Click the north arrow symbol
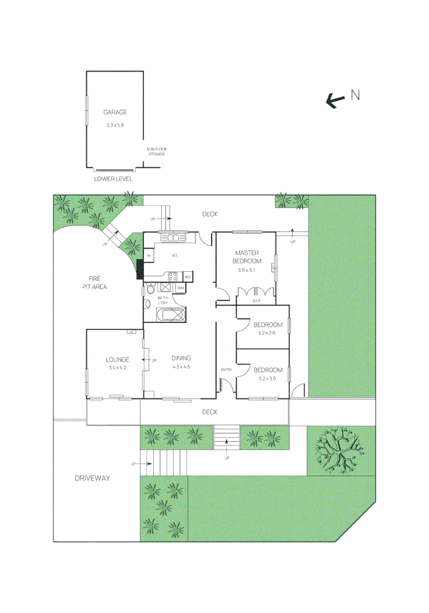click(336, 100)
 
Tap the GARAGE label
click(115, 112)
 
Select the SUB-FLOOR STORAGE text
click(156, 152)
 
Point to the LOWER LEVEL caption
click(113, 179)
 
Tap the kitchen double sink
click(169, 238)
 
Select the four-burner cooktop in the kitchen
click(173, 277)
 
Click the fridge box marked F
click(149, 256)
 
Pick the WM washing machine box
click(180, 289)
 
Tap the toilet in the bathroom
click(149, 291)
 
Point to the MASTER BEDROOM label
click(248, 257)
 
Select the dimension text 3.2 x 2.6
click(267, 333)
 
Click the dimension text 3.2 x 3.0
click(267, 379)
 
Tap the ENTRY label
click(226, 370)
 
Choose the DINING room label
click(182, 358)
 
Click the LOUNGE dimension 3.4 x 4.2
click(117, 368)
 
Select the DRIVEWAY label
click(92, 478)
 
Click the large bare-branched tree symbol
click(340, 451)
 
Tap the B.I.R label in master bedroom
click(256, 300)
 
